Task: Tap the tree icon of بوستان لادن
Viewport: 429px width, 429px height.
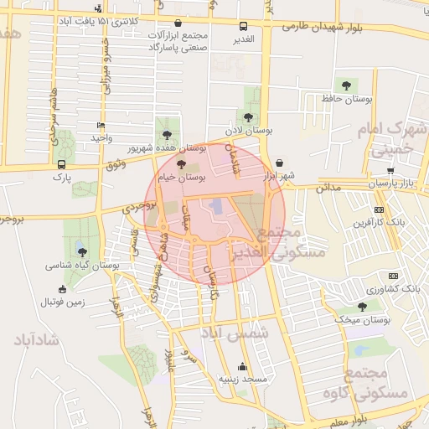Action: pos(247,117)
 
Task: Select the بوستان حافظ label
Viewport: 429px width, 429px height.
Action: pos(347,100)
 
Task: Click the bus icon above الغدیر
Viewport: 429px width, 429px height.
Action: pos(243,27)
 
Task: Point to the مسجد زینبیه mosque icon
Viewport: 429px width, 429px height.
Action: pos(243,366)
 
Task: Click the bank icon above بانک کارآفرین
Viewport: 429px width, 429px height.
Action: pos(380,209)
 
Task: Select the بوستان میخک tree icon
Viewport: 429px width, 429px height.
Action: pos(362,307)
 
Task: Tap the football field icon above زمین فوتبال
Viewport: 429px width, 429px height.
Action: pos(61,289)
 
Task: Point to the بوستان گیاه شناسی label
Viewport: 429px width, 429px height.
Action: pos(82,265)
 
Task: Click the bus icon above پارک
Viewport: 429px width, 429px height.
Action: pos(61,164)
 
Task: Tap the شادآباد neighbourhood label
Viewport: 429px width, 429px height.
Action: pos(34,340)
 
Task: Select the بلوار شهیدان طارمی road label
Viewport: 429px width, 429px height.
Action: pos(322,27)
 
